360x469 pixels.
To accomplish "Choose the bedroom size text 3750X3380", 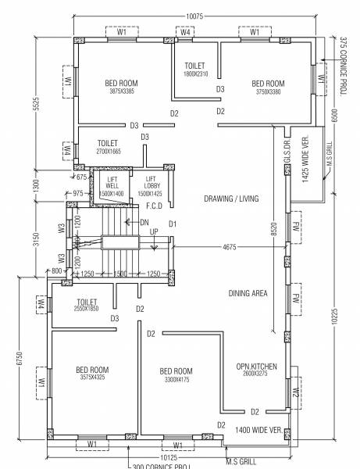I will [267, 91].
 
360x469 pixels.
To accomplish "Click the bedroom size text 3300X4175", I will [176, 380].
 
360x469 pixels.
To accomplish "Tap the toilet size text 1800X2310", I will [195, 73].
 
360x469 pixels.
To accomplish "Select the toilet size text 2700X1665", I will [108, 152].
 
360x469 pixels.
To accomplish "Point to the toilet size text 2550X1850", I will [86, 310].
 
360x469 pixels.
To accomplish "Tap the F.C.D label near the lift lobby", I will [154, 207].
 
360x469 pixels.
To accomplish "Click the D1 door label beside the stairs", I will [173, 224].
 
